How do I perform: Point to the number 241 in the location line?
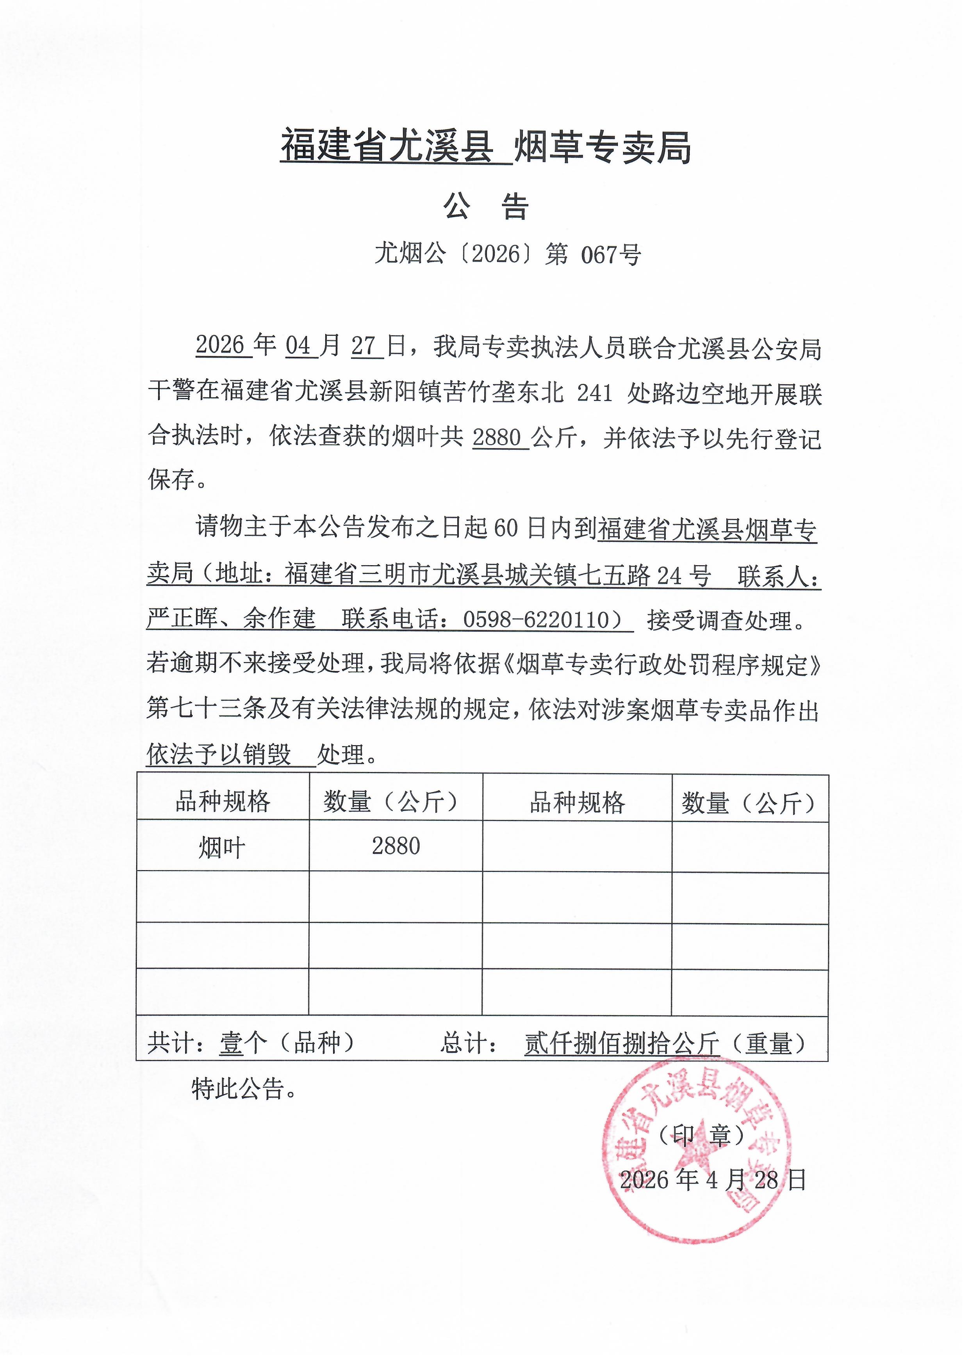595,393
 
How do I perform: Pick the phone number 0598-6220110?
536,620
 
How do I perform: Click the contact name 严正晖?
182,620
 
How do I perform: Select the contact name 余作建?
279,620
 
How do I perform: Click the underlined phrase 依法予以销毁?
219,755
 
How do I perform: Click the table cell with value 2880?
396,847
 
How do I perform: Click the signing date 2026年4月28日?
713,1180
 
